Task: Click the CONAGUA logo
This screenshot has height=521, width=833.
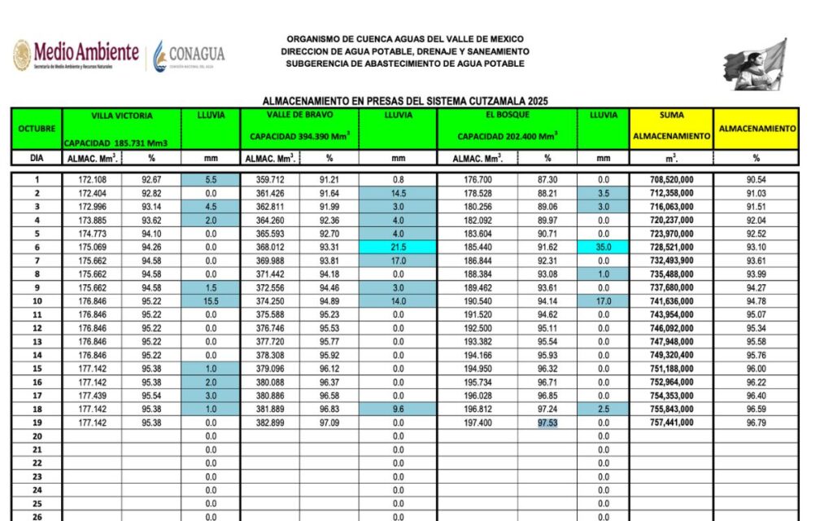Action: [189, 55]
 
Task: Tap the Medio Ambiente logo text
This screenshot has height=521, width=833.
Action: [85, 53]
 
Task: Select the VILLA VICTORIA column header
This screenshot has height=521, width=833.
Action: [121, 116]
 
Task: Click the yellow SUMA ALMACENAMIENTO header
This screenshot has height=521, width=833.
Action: [671, 128]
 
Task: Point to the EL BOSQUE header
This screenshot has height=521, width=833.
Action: [507, 116]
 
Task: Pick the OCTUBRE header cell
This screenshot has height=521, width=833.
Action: [37, 128]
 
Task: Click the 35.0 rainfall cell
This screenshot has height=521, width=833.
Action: [603, 247]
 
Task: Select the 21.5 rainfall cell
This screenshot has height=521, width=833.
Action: [398, 247]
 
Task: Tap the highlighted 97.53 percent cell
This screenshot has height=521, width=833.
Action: [547, 423]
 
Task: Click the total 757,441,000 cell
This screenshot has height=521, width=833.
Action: [671, 423]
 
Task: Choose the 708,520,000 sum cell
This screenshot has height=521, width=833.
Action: [671, 179]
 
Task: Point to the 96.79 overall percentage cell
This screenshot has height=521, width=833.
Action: [756, 423]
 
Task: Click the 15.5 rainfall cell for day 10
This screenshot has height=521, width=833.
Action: [210, 301]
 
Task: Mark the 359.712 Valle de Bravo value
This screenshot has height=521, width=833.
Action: [269, 179]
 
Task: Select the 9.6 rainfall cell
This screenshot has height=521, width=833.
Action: [398, 409]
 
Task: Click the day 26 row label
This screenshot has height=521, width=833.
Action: [37, 517]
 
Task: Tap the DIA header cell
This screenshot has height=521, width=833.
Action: [37, 158]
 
